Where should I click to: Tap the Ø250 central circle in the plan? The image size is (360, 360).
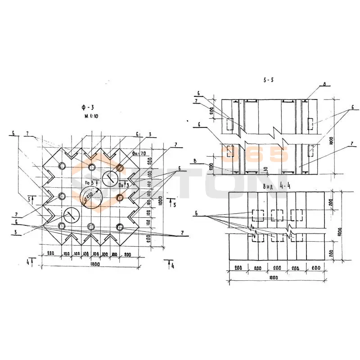91,198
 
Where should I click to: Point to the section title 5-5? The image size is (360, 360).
269,80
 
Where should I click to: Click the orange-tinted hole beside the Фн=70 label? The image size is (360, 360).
120,168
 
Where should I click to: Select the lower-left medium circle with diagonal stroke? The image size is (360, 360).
71,215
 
